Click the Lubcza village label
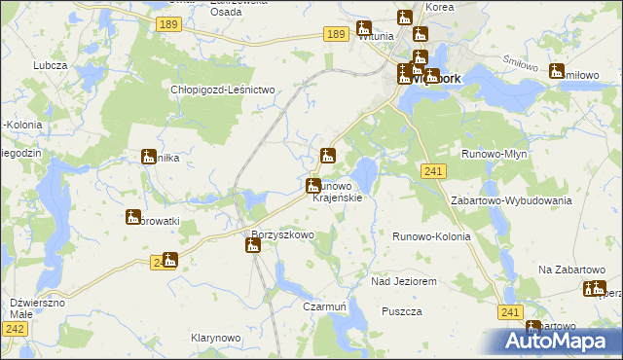tap(48, 64)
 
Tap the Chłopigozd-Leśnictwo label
tap(225, 89)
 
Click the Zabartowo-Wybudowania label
tap(510, 199)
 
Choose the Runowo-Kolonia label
tap(431, 236)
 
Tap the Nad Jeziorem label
tap(404, 280)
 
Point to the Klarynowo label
tap(215, 337)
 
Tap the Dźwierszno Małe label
tap(37, 308)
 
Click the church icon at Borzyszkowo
tap(253, 246)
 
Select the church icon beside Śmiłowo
tap(556, 71)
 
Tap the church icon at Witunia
tap(363, 29)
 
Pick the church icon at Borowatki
tap(133, 217)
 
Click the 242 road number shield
tap(14, 331)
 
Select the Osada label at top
tap(226, 12)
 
